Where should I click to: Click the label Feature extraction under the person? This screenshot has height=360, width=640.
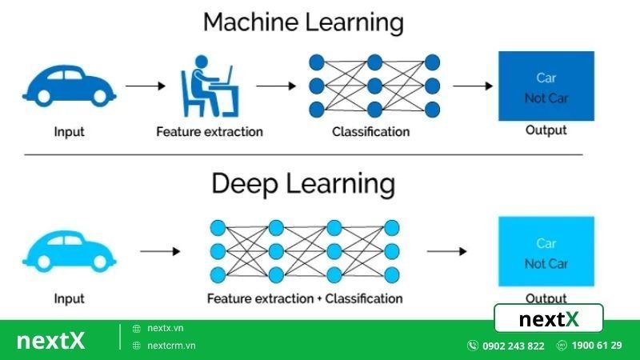coord(210,131)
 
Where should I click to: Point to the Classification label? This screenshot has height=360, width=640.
coord(371,131)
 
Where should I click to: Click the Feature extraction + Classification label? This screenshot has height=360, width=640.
coord(305,298)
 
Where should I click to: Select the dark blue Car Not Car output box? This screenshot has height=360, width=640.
coord(546,86)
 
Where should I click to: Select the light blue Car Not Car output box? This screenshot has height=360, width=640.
coord(546,251)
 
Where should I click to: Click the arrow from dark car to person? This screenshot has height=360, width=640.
coord(144,86)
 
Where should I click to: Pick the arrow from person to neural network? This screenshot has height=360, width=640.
coord(274,86)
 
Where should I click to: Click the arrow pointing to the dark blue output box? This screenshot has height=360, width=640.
coord(472,86)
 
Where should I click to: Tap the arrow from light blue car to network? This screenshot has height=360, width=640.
coord(160,251)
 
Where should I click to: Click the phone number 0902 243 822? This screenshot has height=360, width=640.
coord(513,346)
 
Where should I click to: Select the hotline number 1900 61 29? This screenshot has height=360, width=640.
coord(595,346)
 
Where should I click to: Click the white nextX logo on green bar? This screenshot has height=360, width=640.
coord(50,340)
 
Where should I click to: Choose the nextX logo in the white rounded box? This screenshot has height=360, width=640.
coord(549,319)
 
